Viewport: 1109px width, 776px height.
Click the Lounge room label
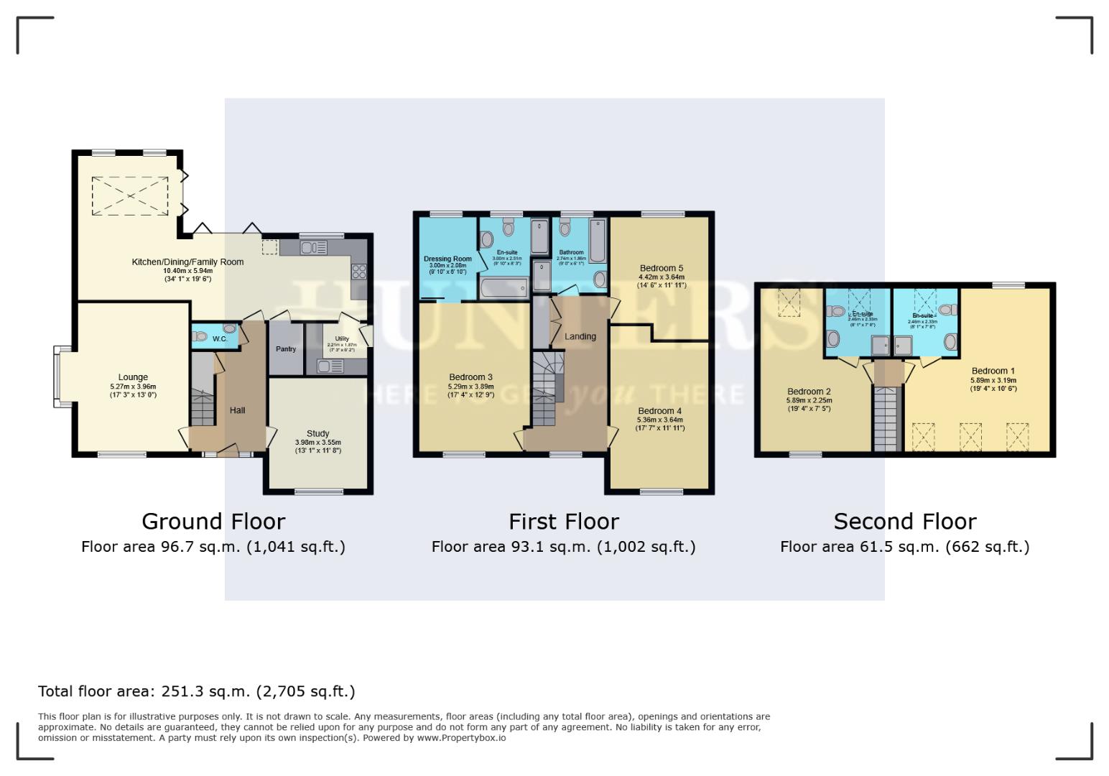[x=133, y=377]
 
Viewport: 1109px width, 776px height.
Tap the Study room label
[x=317, y=433]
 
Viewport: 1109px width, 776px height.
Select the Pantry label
[x=286, y=349]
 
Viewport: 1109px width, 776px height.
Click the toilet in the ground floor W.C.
[x=200, y=336]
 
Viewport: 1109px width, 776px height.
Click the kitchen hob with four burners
[x=358, y=272]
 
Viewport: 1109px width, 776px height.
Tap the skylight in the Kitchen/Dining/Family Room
[x=130, y=195]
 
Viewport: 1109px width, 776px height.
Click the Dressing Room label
[x=447, y=259]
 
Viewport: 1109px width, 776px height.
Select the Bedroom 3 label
[x=470, y=377]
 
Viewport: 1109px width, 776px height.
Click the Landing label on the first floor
[x=580, y=336]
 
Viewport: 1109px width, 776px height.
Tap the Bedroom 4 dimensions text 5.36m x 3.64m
[x=659, y=420]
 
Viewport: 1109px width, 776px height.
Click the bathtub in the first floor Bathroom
[x=598, y=241]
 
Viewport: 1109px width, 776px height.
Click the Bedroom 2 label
[x=809, y=392]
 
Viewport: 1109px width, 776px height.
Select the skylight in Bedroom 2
[x=790, y=302]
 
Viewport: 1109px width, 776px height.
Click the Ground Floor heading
[x=213, y=521]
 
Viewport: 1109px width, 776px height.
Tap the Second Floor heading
[x=904, y=521]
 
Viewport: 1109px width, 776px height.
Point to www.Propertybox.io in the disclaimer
[x=461, y=738]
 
